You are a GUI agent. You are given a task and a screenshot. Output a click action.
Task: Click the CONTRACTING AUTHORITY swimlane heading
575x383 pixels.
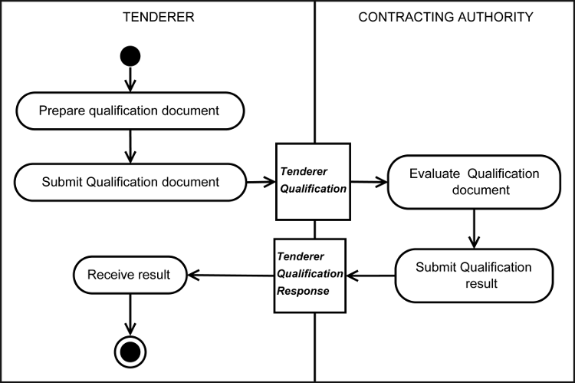[445, 17]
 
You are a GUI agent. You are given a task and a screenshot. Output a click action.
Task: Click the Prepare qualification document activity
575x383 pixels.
[129, 111]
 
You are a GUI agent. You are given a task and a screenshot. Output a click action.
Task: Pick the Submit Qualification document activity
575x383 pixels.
[129, 182]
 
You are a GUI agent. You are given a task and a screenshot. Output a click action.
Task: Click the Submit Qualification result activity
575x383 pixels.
[473, 275]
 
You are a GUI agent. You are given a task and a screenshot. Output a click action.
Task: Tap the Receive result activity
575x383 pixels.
[129, 274]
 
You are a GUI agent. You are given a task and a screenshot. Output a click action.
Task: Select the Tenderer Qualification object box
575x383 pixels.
[314, 180]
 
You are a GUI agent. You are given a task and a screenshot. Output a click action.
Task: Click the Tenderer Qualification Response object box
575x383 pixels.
[310, 275]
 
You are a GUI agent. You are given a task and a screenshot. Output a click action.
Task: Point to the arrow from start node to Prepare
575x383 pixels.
[130, 78]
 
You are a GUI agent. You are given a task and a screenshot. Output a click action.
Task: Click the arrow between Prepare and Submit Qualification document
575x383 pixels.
[130, 146]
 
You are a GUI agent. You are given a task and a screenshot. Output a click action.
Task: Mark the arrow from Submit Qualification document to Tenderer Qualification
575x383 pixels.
[261, 182]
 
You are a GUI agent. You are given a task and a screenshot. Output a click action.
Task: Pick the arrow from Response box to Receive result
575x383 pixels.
[231, 275]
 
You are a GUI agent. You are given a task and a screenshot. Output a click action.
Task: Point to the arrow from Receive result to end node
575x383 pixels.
[130, 313]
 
